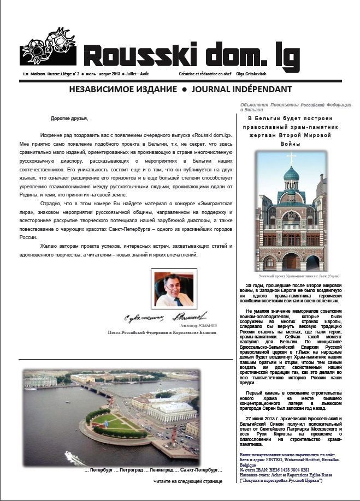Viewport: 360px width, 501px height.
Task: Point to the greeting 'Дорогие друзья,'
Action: click(x=69, y=118)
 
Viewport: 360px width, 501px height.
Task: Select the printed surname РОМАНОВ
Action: click(x=205, y=325)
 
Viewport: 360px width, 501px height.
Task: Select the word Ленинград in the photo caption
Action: click(x=147, y=470)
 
